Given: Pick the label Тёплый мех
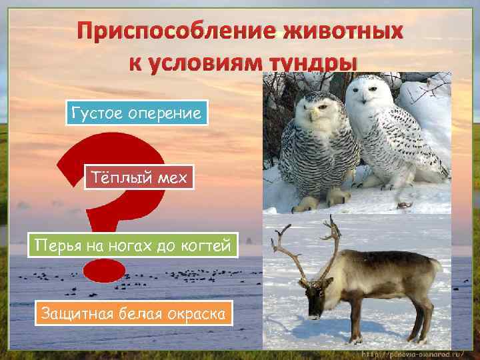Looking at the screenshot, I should point(139,177).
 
